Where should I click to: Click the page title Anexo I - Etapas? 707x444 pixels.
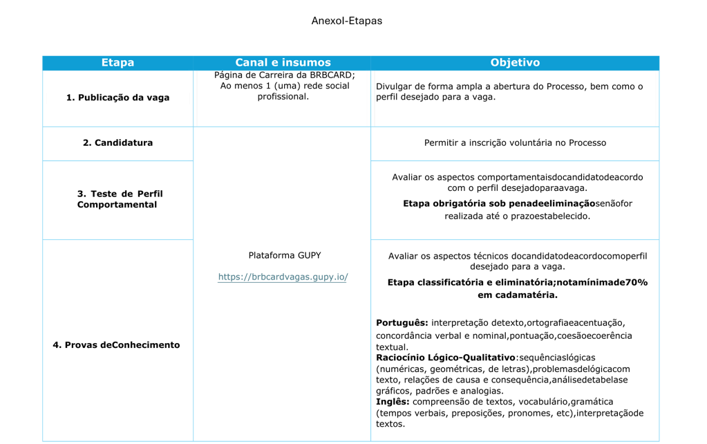click(346, 21)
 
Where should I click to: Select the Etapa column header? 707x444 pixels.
click(117, 63)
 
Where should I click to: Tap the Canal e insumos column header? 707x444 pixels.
click(282, 63)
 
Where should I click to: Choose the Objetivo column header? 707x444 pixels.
click(515, 63)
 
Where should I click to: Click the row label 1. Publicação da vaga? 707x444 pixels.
click(117, 98)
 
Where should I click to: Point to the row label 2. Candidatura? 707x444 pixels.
click(117, 143)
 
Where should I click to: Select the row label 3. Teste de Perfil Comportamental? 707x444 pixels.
click(120, 199)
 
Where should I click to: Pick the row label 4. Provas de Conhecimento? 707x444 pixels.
click(116, 345)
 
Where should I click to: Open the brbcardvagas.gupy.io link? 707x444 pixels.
click(283, 277)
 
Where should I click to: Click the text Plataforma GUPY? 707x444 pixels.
click(284, 255)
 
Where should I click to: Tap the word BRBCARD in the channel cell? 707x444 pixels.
click(333, 75)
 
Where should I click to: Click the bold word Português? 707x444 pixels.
click(402, 323)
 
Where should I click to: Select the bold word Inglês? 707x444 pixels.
click(393, 402)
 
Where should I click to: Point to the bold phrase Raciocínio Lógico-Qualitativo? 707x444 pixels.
click(446, 358)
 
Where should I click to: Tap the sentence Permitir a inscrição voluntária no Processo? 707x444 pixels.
click(515, 143)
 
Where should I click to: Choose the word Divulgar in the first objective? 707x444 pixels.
click(395, 87)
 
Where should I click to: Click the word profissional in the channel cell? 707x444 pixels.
click(283, 97)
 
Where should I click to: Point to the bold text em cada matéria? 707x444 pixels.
click(517, 295)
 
